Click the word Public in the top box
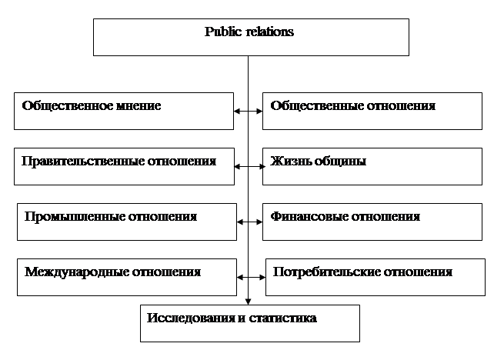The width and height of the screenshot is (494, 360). pyautogui.click(x=223, y=32)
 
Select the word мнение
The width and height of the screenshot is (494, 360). pyautogui.click(x=139, y=106)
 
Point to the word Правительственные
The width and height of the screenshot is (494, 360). pyautogui.click(x=83, y=162)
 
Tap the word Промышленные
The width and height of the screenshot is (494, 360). pyautogui.click(x=75, y=217)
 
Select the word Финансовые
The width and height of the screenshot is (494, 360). pyautogui.click(x=309, y=217)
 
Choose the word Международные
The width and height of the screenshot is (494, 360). pyautogui.click(x=76, y=272)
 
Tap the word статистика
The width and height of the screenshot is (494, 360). pyautogui.click(x=283, y=318)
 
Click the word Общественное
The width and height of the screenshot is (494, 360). pyautogui.click(x=68, y=106)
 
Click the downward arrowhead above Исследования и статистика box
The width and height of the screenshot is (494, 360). pyautogui.click(x=248, y=302)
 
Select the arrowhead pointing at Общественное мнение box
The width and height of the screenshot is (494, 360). pyautogui.click(x=237, y=112)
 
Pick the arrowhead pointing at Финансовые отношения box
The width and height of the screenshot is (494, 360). pyautogui.click(x=259, y=222)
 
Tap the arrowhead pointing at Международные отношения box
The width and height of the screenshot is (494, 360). pyautogui.click(x=240, y=278)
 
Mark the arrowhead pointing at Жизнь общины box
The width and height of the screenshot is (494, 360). pyautogui.click(x=262, y=167)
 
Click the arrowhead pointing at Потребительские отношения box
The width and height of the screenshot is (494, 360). pyautogui.click(x=262, y=278)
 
